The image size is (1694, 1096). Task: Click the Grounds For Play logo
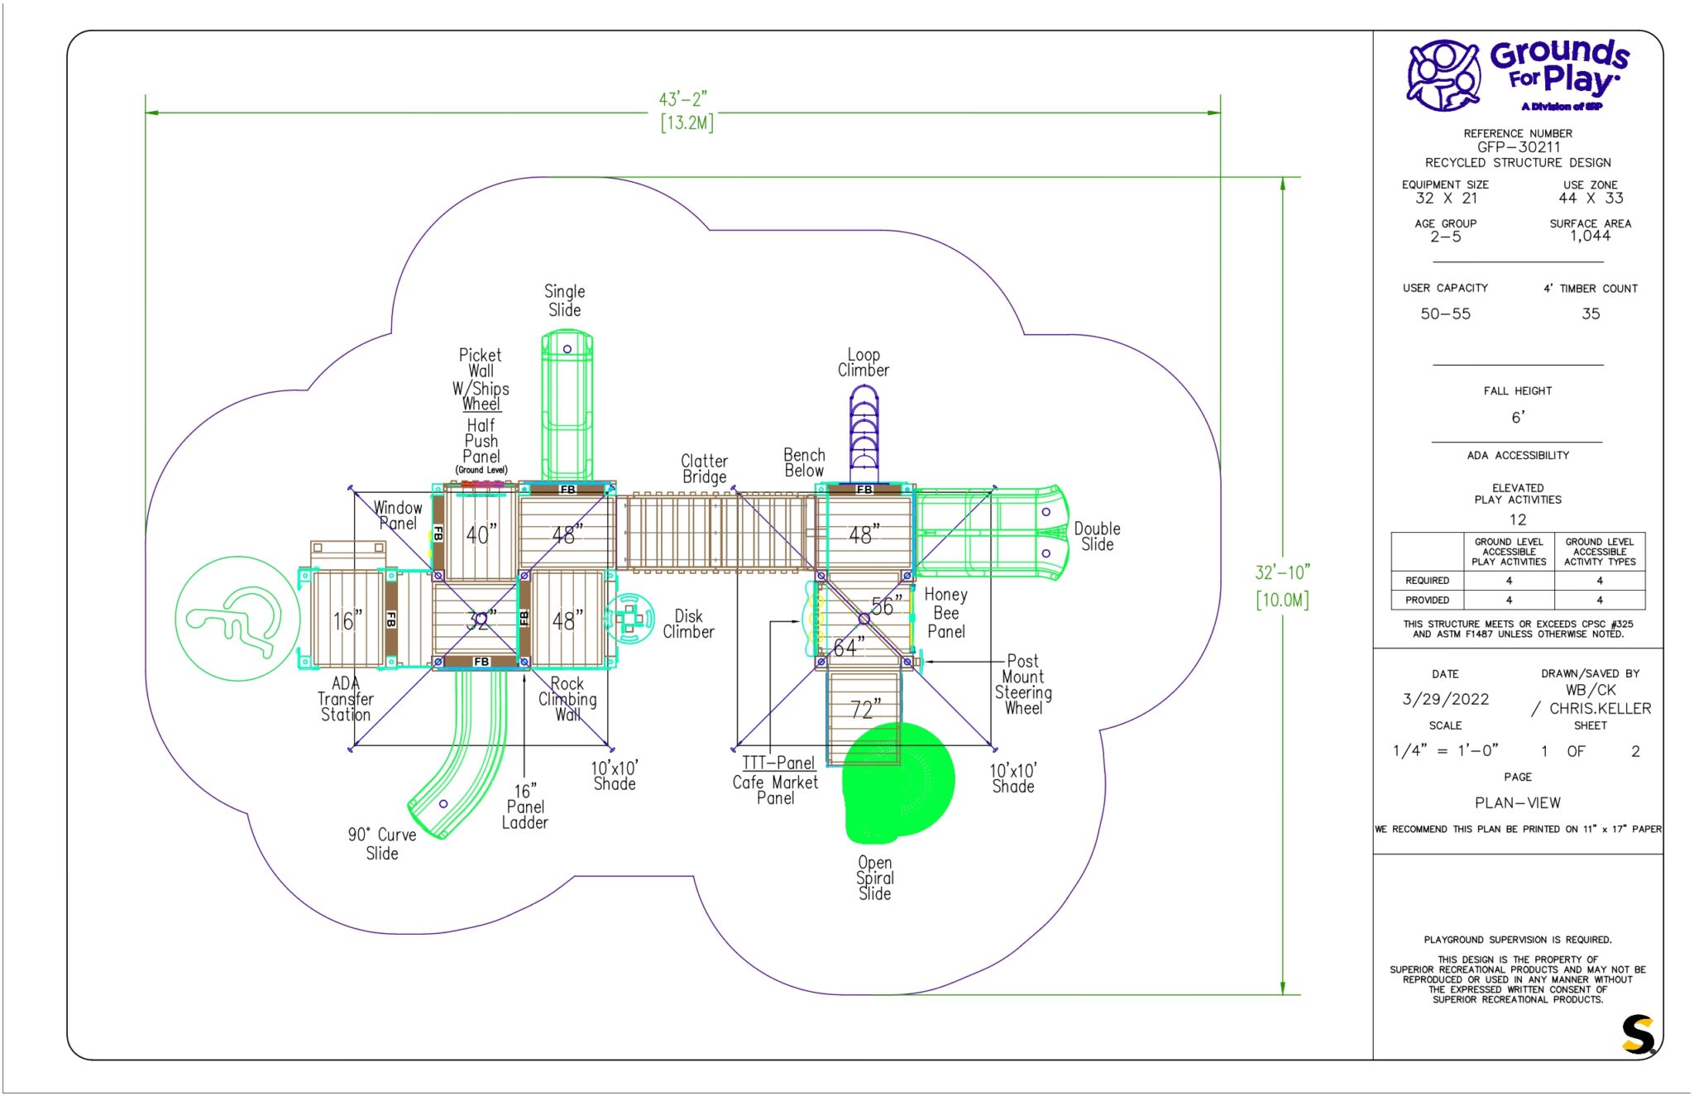1518,75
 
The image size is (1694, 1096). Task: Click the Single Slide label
564,300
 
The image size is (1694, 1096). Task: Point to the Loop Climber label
863,362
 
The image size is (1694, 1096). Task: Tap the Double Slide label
1097,536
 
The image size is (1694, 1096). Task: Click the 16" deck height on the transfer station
347,620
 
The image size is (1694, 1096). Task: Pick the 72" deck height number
865,709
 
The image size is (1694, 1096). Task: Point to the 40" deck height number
481,534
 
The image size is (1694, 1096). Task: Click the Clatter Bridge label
704,468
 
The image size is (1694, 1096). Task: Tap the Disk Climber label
688,624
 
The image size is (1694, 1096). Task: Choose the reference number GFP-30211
1518,147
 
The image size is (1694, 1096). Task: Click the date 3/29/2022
1445,699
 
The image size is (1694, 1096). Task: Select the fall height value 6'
1518,418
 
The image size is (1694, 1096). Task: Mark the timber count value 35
1591,313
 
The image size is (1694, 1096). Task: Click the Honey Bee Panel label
945,613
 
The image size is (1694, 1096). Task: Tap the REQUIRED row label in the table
1427,581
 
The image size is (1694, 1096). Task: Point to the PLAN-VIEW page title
1518,802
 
